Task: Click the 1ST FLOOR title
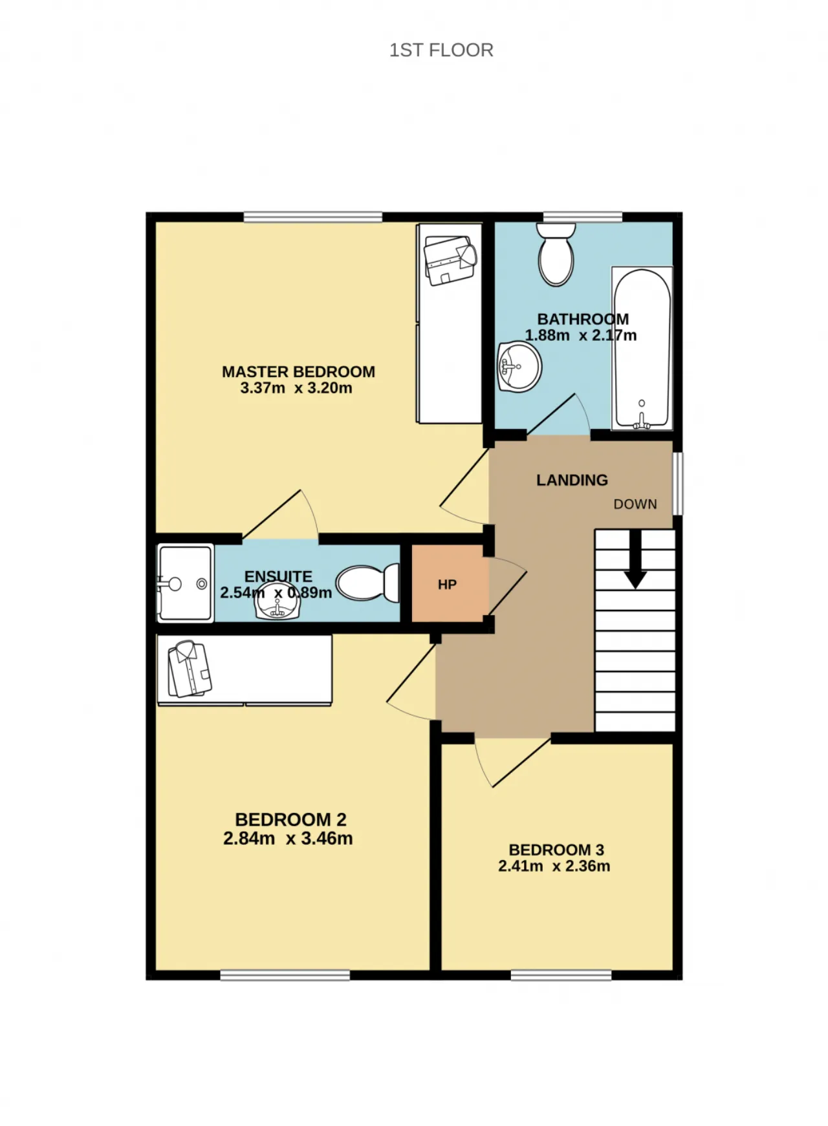441,50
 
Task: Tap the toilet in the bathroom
556,254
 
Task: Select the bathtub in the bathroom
642,349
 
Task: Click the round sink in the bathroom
519,367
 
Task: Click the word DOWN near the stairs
635,504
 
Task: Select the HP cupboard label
447,585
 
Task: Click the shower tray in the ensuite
185,583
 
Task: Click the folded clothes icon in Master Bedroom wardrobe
450,260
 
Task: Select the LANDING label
572,480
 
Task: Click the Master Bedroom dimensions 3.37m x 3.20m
296,388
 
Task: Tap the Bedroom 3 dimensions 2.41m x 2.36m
554,866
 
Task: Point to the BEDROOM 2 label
290,819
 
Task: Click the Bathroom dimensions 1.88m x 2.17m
580,335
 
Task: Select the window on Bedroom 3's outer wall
561,975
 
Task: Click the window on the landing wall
678,484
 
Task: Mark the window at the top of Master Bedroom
312,217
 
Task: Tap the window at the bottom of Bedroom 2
285,975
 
